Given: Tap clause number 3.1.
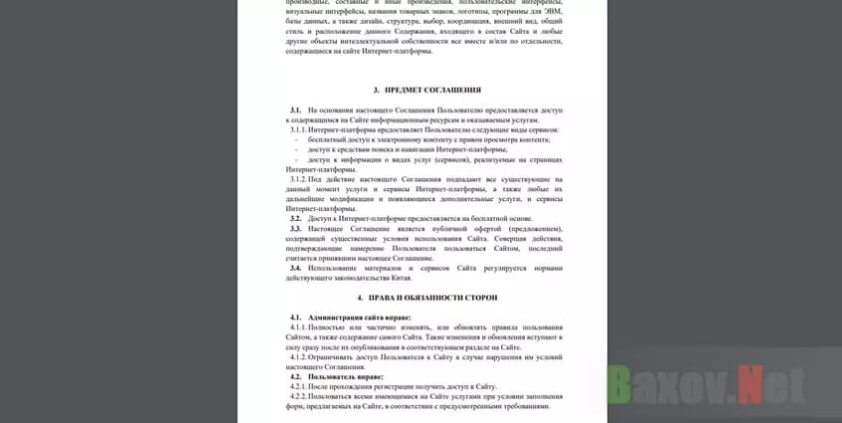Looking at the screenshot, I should [295, 109].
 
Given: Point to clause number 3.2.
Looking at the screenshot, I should [295, 218].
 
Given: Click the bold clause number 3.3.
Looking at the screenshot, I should [295, 228].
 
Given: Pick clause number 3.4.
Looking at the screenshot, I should [295, 268].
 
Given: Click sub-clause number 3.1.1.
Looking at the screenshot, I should [298, 129].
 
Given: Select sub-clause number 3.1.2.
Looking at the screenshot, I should [298, 178].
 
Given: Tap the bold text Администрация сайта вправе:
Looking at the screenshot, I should [359, 317].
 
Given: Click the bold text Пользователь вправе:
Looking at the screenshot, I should [345, 377].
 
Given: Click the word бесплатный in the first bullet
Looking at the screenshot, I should [327, 139].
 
